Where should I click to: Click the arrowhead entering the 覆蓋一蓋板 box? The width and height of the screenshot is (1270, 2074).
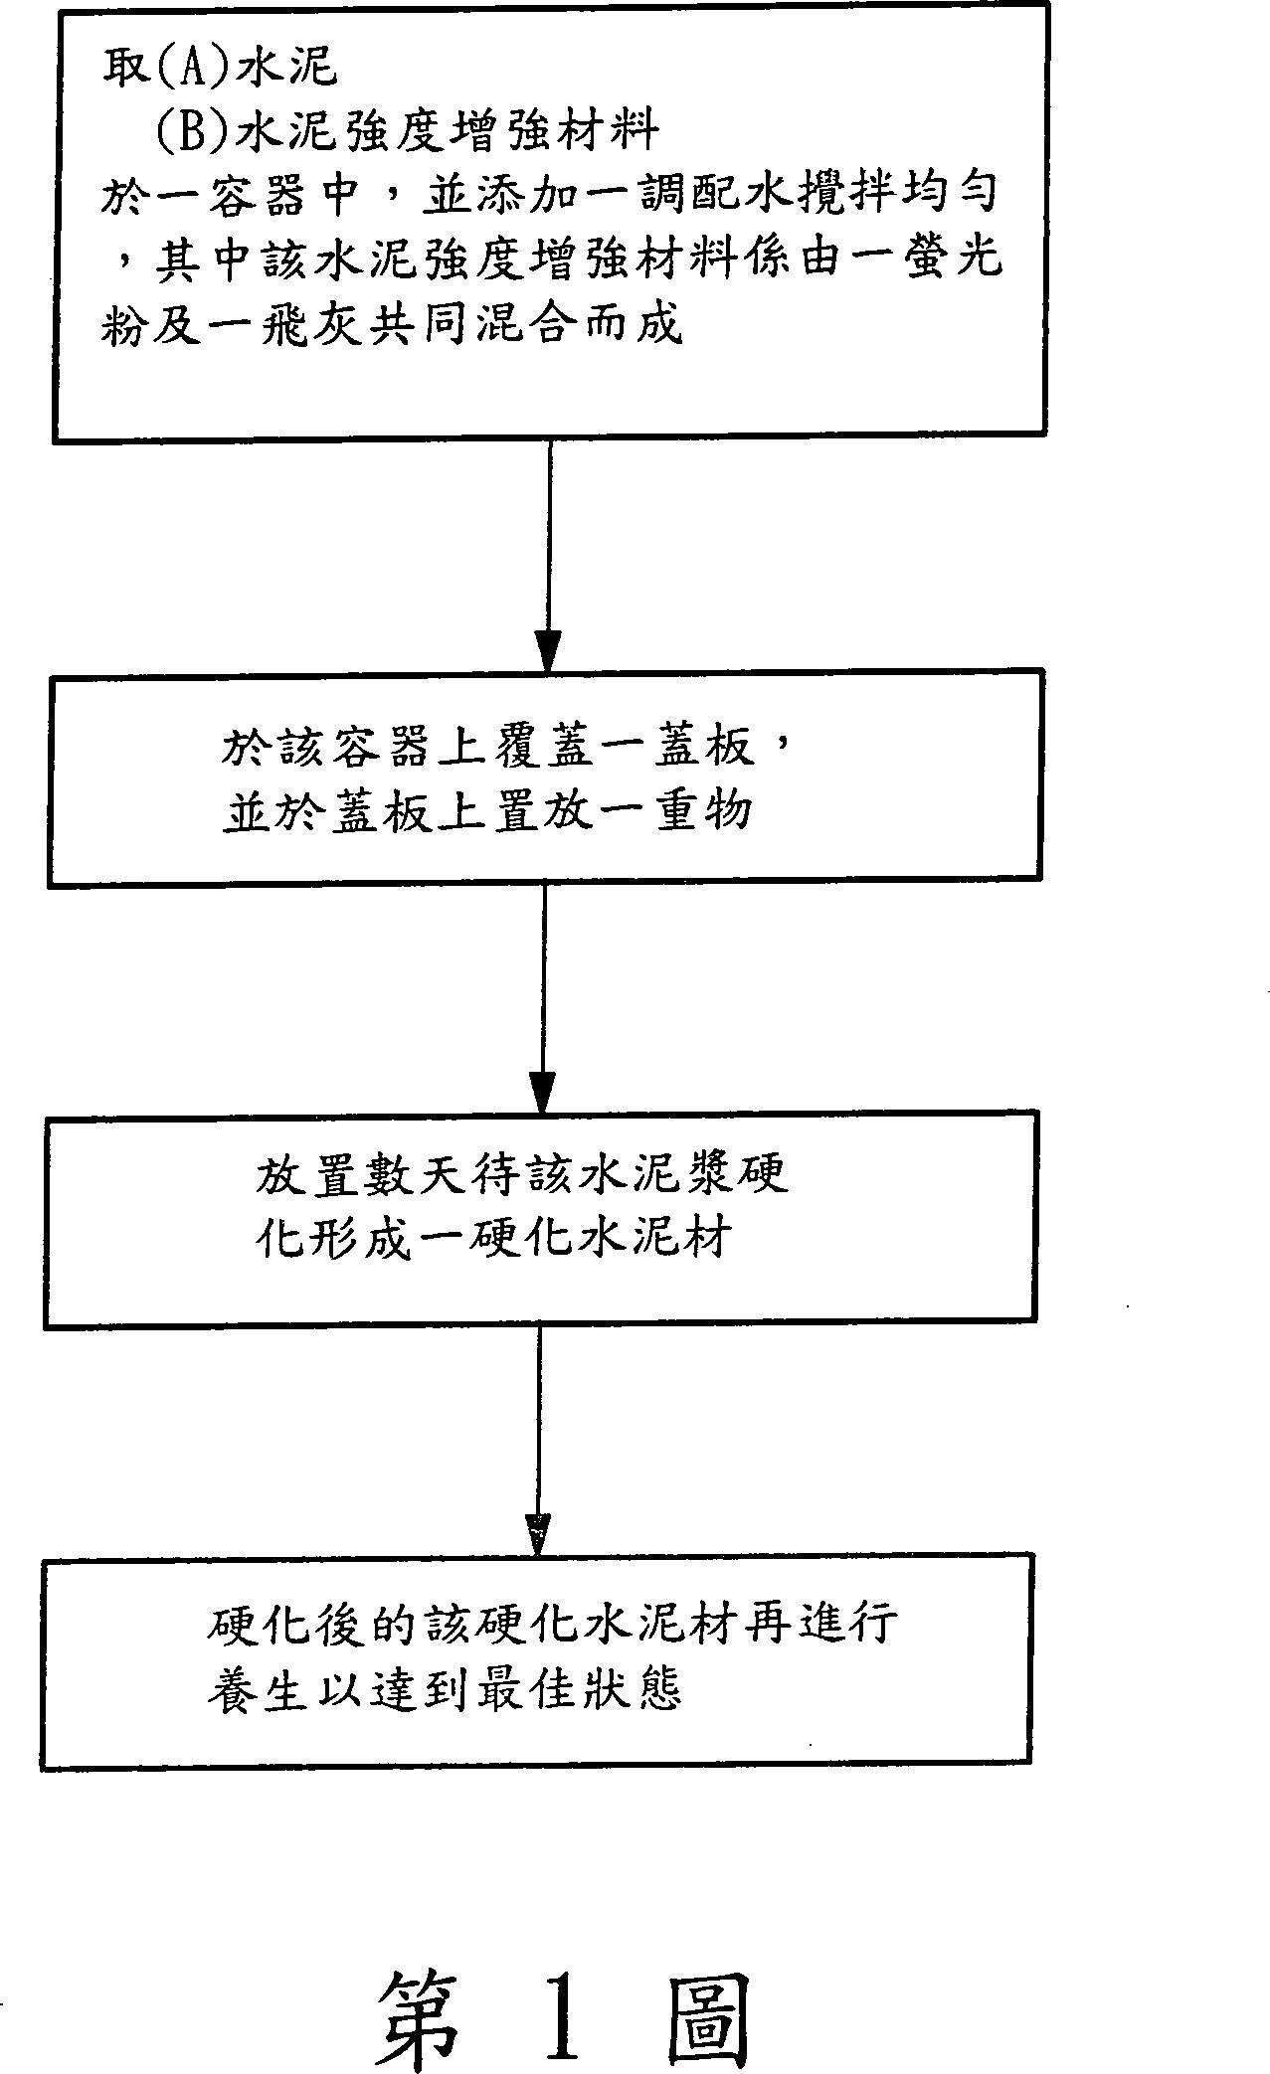tap(548, 650)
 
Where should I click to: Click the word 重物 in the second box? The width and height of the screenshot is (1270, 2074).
tap(705, 812)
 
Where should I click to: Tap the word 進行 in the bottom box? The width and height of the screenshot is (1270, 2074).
tap(847, 1625)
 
